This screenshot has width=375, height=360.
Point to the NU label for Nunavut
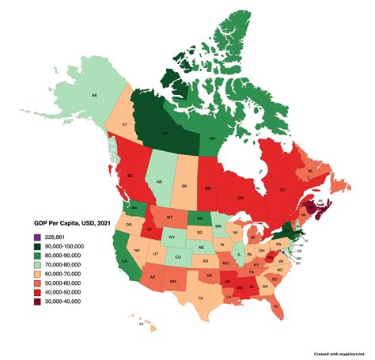coord(213,138)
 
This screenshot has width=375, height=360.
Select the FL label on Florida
coord(277,305)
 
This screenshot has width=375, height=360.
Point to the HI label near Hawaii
coord(142,324)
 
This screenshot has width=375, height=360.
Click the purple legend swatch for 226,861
coord(36,237)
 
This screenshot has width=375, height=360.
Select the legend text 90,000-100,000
coord(66,247)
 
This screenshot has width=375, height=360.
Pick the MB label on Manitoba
coord(207,189)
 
